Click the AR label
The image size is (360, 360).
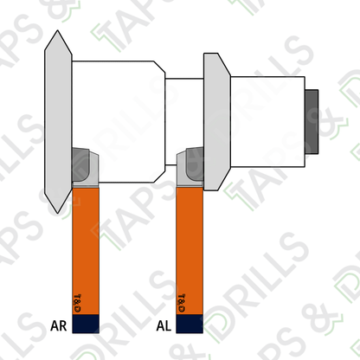59,325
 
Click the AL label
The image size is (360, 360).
164,325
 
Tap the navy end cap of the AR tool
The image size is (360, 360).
86,324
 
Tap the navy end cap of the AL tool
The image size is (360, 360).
190,324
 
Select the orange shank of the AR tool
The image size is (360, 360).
86,251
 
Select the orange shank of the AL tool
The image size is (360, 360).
190,251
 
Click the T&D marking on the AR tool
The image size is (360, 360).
77,304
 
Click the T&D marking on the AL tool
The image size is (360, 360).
182,303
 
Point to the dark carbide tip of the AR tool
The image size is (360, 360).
80,164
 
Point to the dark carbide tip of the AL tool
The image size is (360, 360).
195,164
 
